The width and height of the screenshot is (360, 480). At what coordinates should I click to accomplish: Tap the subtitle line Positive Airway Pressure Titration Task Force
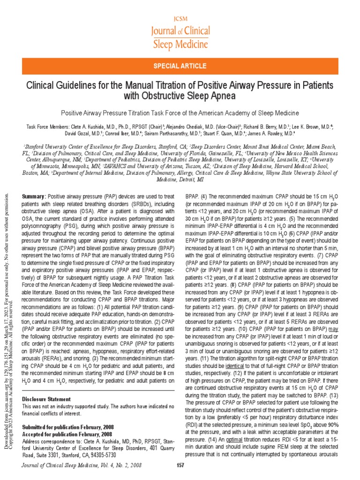[x=180, y=113]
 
